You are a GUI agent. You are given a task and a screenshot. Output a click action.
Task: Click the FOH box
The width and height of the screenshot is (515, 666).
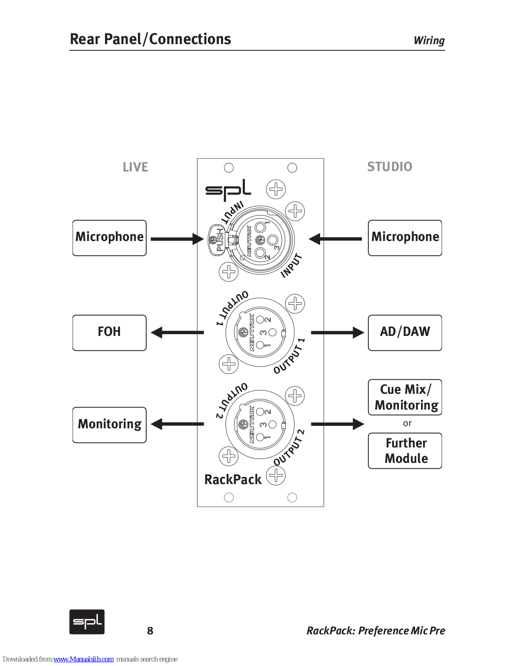pyautogui.click(x=109, y=333)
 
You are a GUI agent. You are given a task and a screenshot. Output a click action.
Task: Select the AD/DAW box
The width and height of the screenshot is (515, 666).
pyautogui.click(x=405, y=333)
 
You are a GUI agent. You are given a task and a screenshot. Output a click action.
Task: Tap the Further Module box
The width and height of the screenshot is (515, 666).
pyautogui.click(x=405, y=451)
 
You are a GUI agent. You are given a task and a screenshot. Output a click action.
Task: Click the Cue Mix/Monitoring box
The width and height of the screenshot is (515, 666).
pyautogui.click(x=405, y=397)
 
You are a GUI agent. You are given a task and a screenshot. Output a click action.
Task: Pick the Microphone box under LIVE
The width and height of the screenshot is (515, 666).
pyautogui.click(x=109, y=238)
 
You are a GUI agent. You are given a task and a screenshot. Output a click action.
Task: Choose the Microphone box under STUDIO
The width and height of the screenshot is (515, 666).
pyautogui.click(x=405, y=238)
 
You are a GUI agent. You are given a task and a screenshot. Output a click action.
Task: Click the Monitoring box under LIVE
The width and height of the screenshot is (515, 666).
pyautogui.click(x=109, y=425)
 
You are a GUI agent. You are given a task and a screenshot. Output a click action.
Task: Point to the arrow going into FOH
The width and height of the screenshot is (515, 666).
pyautogui.click(x=177, y=333)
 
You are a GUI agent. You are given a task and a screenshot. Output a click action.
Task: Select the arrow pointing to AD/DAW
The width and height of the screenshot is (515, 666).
pyautogui.click(x=337, y=333)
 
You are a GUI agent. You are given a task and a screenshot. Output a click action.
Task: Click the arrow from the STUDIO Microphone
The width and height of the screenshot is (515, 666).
pyautogui.click(x=335, y=239)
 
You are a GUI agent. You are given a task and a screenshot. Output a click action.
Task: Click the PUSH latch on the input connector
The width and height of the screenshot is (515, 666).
pyautogui.click(x=216, y=240)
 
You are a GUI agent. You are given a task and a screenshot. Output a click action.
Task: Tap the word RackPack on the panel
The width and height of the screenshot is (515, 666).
pyautogui.click(x=233, y=480)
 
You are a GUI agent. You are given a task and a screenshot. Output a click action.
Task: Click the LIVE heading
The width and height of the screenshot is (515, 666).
pyautogui.click(x=135, y=167)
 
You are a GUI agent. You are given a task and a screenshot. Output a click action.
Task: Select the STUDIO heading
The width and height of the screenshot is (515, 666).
pyautogui.click(x=389, y=167)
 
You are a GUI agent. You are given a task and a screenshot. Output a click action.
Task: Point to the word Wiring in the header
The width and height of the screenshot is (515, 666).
pyautogui.click(x=429, y=40)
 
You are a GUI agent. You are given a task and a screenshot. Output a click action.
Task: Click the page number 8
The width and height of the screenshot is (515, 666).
pyautogui.click(x=150, y=631)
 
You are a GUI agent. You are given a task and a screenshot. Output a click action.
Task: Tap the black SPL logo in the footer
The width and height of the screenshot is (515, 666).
pyautogui.click(x=87, y=622)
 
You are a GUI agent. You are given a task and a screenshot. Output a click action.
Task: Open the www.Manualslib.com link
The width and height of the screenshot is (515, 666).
pyautogui.click(x=83, y=659)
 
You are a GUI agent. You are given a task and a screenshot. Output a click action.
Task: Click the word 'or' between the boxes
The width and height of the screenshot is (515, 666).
pyautogui.click(x=407, y=423)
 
